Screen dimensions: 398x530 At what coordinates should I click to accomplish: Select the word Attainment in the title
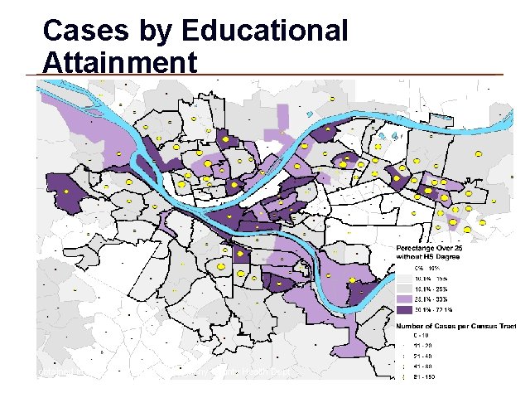pos(120,63)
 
